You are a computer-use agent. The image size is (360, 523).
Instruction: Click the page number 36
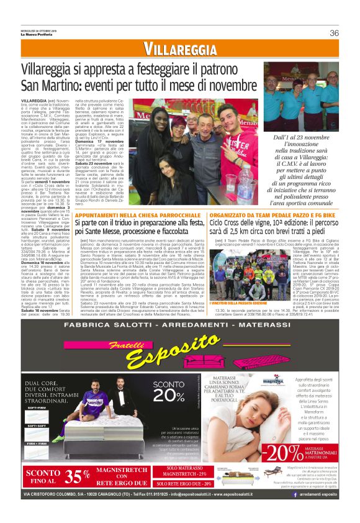click(334, 33)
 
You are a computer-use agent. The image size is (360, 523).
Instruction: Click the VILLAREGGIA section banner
click(180, 49)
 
